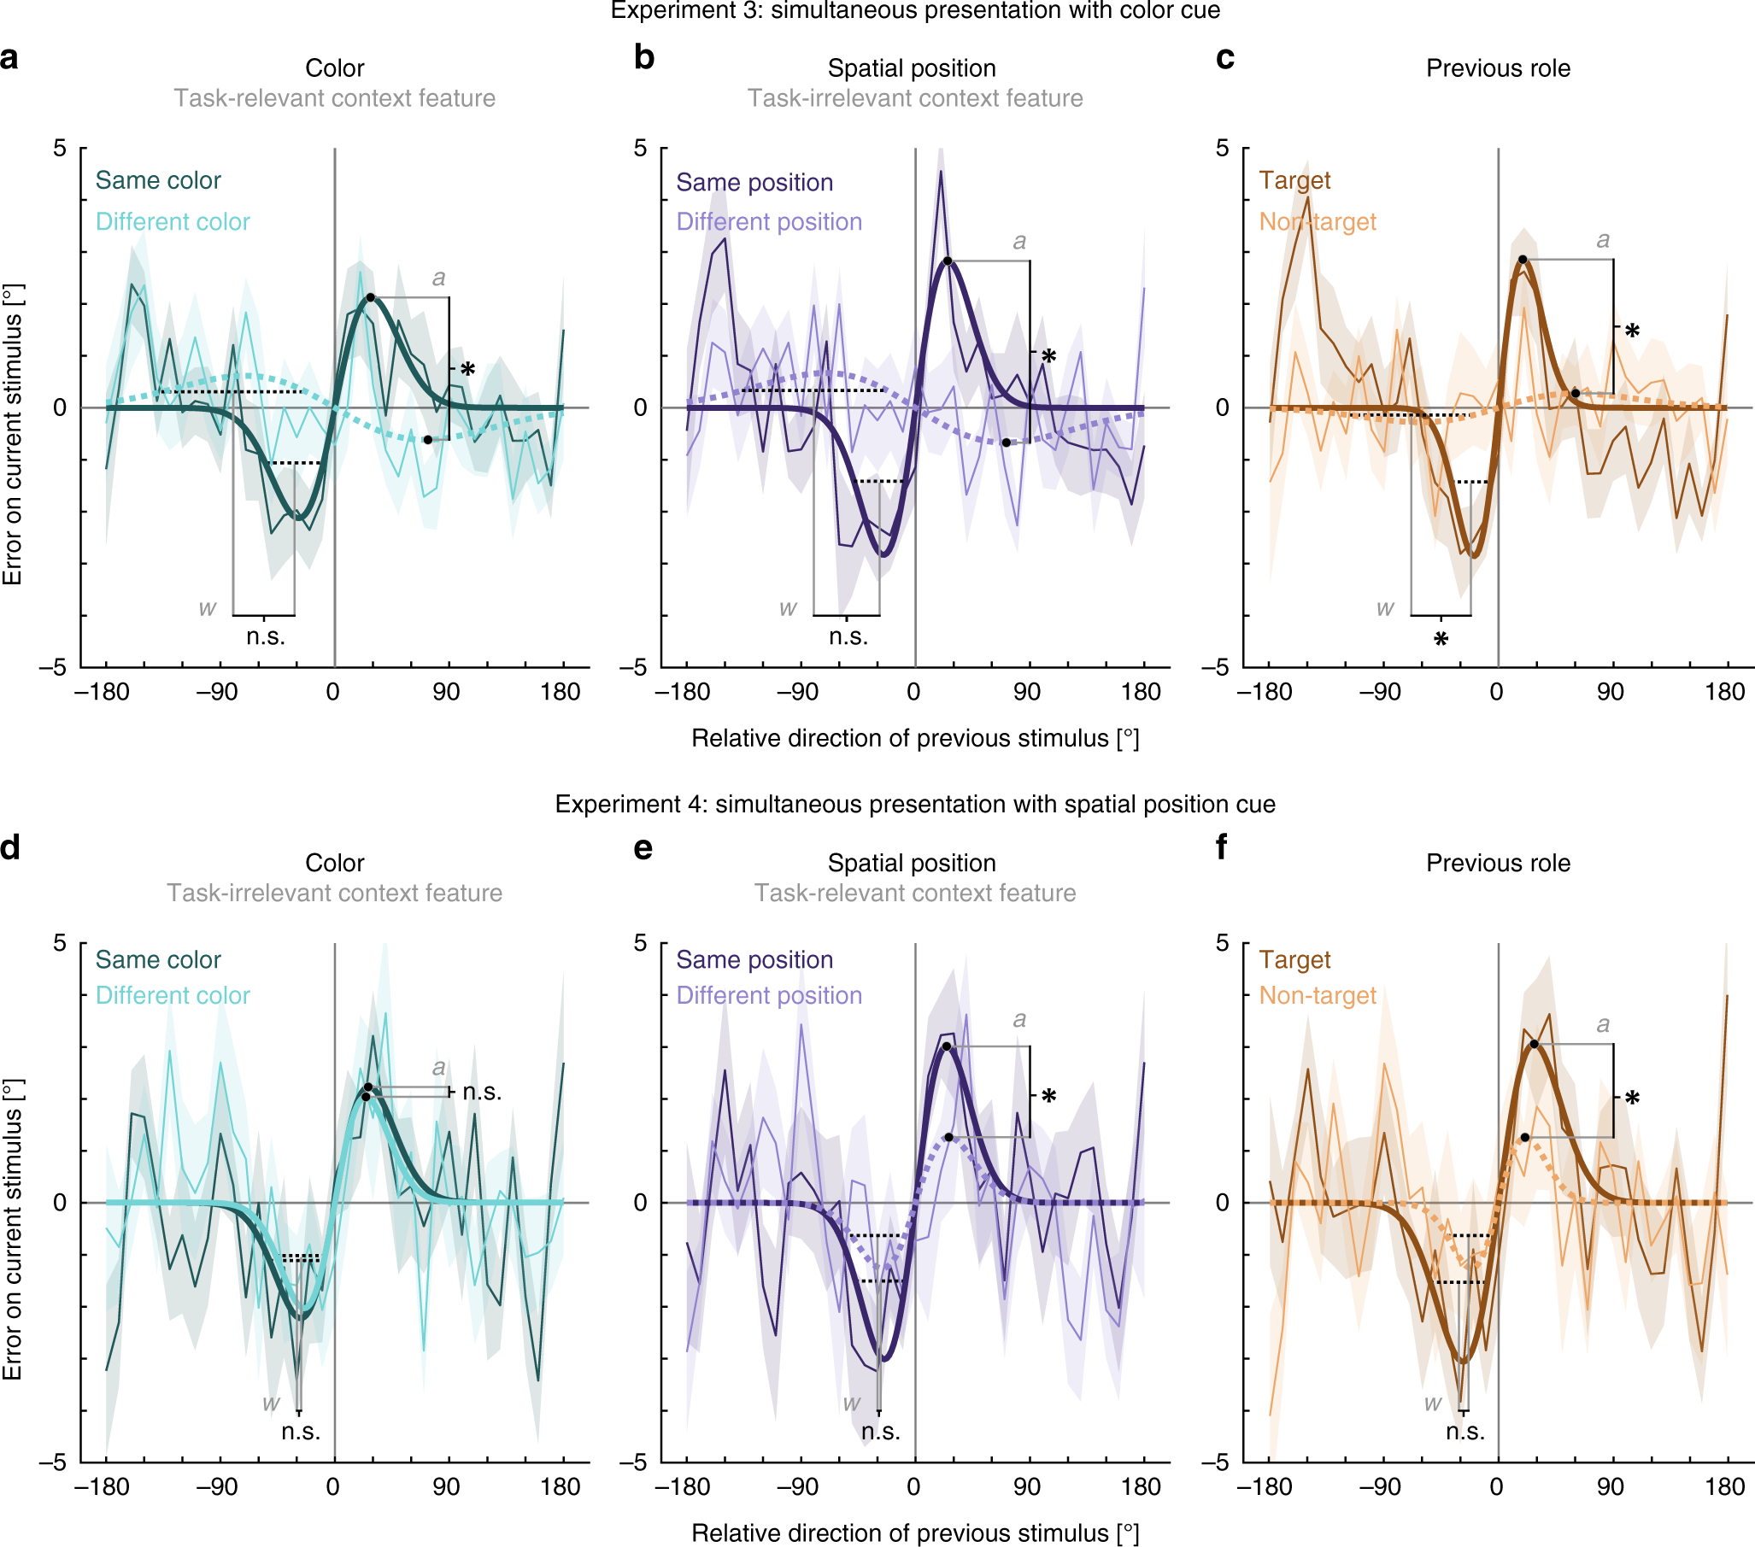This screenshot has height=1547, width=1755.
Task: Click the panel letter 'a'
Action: [9, 59]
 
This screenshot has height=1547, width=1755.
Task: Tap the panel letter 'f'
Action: [1221, 848]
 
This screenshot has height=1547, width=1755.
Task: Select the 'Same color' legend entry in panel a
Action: [158, 180]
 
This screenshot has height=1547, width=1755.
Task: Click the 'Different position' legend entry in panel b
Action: [768, 221]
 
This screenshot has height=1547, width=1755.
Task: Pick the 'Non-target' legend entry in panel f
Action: [1318, 995]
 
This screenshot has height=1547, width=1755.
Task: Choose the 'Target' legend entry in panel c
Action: [1294, 180]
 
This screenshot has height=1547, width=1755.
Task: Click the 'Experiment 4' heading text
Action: [914, 804]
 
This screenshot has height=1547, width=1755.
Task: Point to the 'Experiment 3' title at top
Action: [914, 10]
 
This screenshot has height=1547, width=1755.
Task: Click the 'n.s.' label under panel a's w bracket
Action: [266, 637]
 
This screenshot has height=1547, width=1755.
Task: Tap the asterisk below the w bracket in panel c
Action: [1441, 640]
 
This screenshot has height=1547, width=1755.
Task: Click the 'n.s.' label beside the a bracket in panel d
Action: [482, 1092]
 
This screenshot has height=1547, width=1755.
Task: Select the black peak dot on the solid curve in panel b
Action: [947, 261]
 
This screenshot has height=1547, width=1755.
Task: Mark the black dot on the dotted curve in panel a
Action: [427, 440]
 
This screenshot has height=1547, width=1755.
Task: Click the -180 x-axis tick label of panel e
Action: [683, 1487]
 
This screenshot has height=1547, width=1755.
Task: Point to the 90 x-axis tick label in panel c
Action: [1610, 692]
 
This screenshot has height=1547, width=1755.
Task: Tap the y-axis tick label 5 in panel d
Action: [59, 942]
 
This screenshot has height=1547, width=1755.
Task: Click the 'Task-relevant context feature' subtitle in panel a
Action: [334, 99]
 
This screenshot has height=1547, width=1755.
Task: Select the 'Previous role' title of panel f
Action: [1498, 863]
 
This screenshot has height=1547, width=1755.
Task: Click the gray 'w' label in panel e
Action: [851, 1403]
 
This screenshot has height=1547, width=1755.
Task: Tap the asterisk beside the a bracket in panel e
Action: [1048, 1096]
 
